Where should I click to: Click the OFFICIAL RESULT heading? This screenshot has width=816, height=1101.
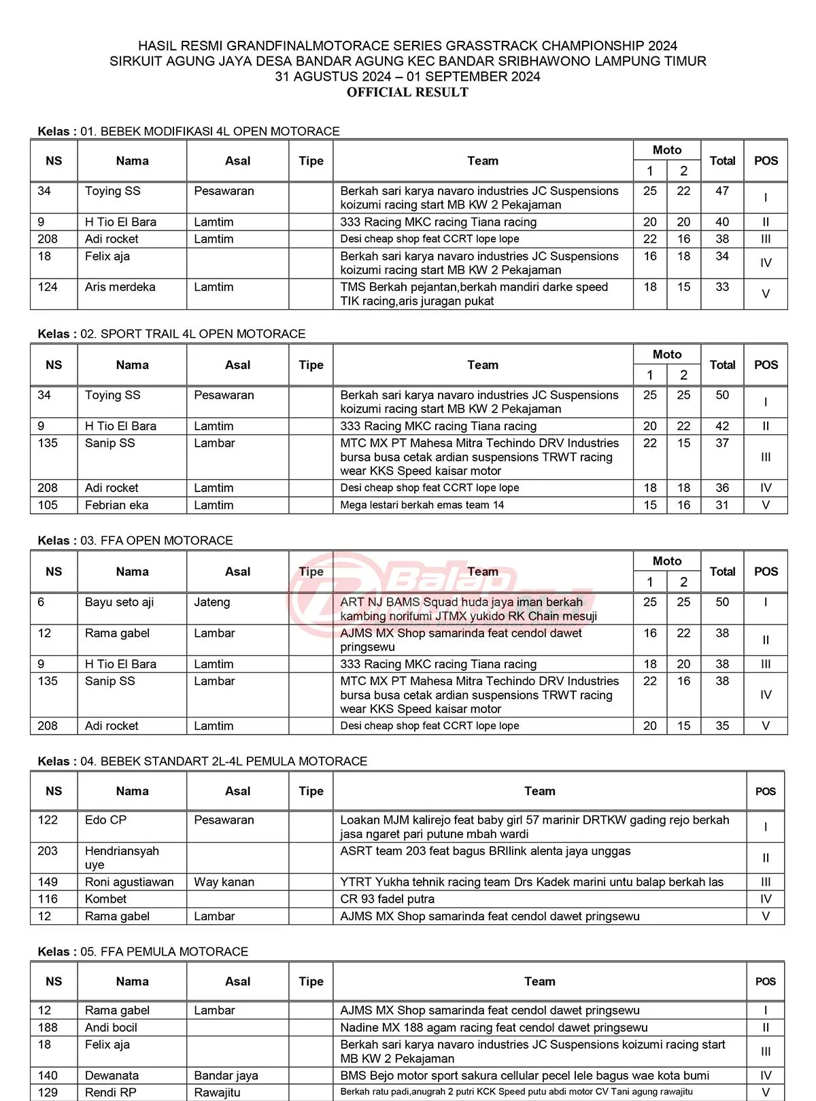point(407,92)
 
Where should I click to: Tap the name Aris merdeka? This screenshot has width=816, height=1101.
point(120,287)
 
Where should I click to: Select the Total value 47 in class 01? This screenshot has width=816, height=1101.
point(722,191)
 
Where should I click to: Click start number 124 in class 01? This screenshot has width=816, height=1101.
point(48,287)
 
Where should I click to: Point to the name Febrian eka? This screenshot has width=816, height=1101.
point(116,505)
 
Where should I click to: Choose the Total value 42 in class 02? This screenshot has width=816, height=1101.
point(722,426)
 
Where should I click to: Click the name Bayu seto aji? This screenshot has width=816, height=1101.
point(119,602)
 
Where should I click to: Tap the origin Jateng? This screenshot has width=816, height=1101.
point(212,602)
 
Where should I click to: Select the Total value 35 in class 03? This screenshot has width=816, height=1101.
point(722,726)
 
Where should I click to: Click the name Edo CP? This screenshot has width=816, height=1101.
point(105,820)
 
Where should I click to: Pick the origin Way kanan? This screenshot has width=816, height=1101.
point(224,882)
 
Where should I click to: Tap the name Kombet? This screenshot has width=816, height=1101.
point(105,899)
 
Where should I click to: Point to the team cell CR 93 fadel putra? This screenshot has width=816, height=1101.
point(387,899)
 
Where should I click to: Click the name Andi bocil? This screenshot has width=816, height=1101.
point(111,1028)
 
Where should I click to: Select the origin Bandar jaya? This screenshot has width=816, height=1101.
point(226,1076)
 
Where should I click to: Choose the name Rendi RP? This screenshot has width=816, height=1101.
point(110,1093)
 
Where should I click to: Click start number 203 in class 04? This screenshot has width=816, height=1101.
point(48,851)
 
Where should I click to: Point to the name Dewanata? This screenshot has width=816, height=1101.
point(112,1076)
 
